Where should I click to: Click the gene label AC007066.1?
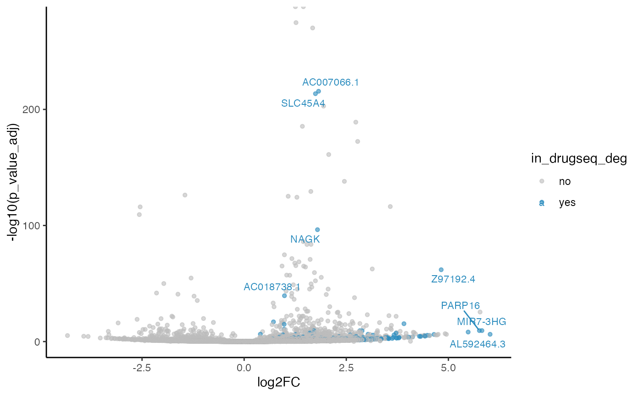[x=331, y=82]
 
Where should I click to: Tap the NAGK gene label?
[x=305, y=239]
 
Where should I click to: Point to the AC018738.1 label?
[x=272, y=287]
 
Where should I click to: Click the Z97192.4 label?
[x=453, y=279]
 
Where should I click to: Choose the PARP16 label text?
[x=461, y=305]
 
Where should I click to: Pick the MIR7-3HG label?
[x=481, y=322]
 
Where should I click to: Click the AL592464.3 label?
[x=478, y=344]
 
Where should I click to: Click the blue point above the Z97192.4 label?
[x=441, y=270]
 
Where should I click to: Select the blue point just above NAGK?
[x=317, y=230]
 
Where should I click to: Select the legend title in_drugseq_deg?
[x=579, y=159]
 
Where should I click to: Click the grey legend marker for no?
[x=542, y=181]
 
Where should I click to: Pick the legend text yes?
[x=567, y=203]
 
